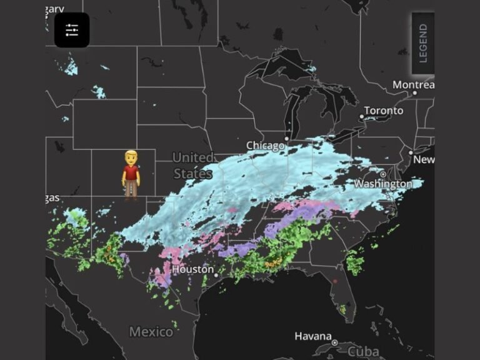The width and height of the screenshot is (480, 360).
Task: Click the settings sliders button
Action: [72, 30]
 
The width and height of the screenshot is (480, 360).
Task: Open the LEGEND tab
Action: [423, 43]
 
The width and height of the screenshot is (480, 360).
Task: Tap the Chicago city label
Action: [266, 146]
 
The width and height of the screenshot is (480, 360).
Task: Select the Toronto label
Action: [384, 111]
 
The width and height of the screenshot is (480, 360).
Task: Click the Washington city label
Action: [383, 184]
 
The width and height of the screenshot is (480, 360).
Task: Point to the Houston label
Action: [192, 269]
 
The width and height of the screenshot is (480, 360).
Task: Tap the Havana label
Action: [312, 336]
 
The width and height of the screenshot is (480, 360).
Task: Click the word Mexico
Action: [151, 331]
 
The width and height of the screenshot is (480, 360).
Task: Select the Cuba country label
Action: [363, 351]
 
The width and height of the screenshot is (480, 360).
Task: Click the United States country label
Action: [192, 166]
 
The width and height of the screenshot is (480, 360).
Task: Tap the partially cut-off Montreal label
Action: [413, 84]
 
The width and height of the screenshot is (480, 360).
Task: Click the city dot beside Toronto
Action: [361, 117]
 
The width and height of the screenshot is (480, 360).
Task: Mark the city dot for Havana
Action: [335, 342]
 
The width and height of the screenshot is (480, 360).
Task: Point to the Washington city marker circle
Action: [382, 174]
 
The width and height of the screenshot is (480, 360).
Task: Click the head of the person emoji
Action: [131, 157]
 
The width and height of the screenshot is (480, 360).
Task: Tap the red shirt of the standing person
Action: [131, 171]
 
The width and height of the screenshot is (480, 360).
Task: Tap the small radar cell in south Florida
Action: [342, 308]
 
